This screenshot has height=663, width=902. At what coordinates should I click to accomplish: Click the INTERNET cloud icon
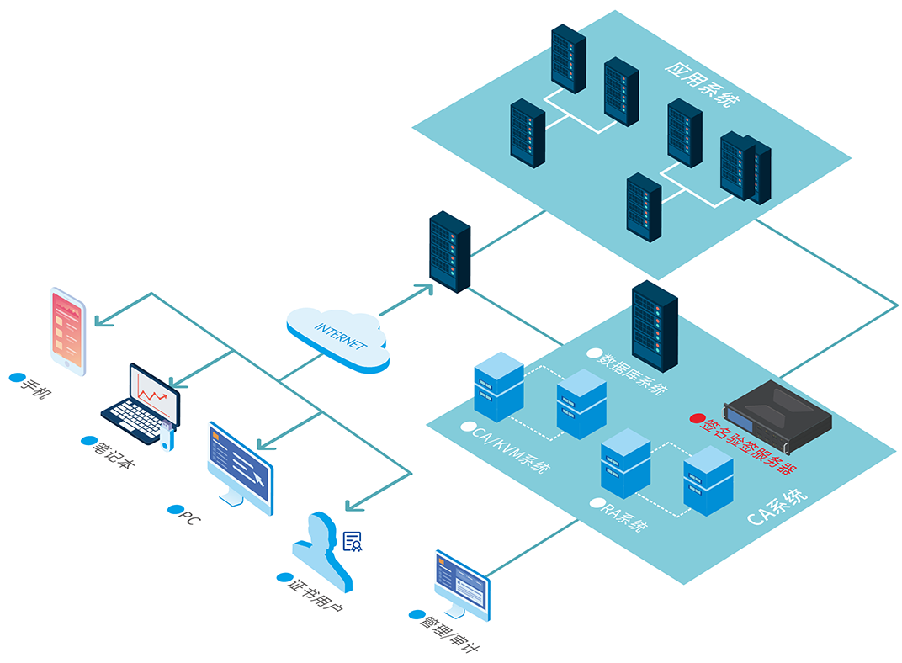point(338,339)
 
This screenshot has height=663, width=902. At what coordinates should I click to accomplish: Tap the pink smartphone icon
point(68,331)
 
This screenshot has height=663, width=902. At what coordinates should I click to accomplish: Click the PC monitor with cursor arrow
point(240,468)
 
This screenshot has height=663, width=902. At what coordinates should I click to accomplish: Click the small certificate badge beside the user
point(353,542)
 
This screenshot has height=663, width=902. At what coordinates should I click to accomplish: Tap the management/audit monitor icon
point(462,585)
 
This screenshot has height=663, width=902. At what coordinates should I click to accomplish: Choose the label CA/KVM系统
point(510,448)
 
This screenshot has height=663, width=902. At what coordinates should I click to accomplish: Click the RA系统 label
point(624,515)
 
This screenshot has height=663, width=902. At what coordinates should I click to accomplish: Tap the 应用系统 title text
point(703,83)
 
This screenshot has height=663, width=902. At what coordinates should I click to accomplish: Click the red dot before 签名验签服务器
point(698,419)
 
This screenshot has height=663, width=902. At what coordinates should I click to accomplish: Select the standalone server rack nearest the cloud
point(450,252)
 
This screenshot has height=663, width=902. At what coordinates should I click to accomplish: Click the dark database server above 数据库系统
point(655,326)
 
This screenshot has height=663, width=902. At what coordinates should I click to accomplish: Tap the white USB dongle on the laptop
point(167,436)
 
